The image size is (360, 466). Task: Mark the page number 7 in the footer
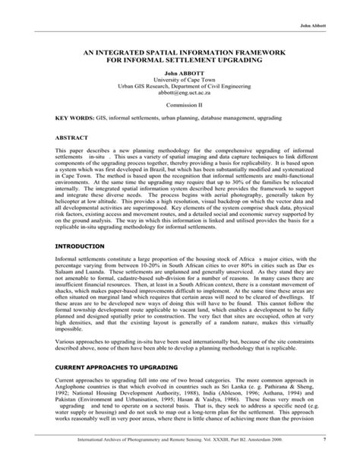pyautogui.click(x=324, y=458)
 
